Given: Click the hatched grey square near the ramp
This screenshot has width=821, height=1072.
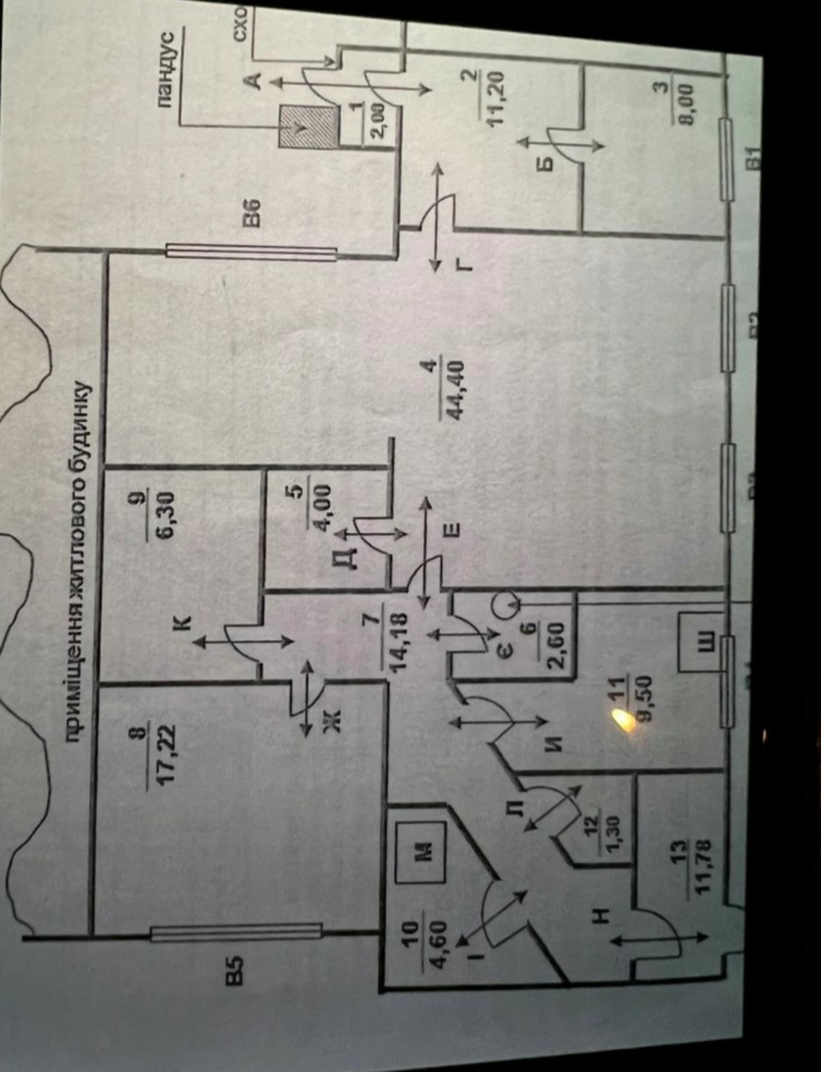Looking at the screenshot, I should coord(308,126).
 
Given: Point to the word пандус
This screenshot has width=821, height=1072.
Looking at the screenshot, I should coord(169,68).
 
